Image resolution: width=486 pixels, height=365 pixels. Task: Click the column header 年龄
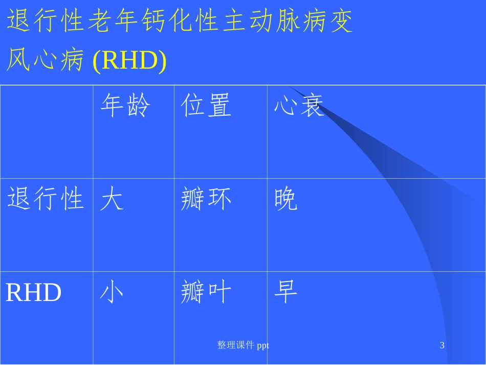(125, 107)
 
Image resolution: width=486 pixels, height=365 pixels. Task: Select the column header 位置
(206, 107)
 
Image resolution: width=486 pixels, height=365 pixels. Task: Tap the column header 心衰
(299, 107)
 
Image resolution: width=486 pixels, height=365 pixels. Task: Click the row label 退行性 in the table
(46, 199)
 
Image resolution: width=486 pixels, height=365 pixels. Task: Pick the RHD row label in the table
(34, 293)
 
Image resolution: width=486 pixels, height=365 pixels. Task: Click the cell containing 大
(112, 200)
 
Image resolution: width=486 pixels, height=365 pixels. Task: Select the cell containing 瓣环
(206, 200)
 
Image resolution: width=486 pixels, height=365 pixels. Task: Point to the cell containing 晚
(286, 200)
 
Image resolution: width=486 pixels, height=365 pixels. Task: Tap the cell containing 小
(112, 293)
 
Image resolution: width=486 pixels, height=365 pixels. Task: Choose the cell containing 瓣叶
(206, 293)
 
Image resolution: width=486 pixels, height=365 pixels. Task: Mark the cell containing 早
(286, 292)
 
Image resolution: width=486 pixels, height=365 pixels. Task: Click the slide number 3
(442, 346)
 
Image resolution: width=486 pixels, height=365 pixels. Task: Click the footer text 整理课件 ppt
(243, 346)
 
